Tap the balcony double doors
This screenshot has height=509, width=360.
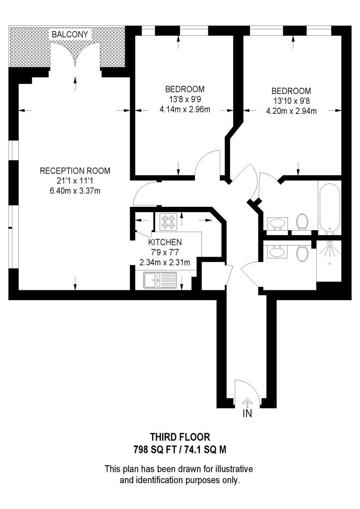click(x=76, y=54)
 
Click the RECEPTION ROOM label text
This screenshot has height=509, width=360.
click(x=75, y=171)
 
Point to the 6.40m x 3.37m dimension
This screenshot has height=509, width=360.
click(x=75, y=191)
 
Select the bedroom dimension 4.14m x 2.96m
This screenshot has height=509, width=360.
click(x=185, y=110)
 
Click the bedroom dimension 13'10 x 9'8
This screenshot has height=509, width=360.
click(x=291, y=101)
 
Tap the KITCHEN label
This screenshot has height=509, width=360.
click(x=165, y=242)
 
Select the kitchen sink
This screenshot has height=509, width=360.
click(x=159, y=281)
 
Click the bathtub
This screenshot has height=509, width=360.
click(x=330, y=208)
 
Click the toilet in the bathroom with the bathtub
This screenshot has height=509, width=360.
click(x=302, y=221)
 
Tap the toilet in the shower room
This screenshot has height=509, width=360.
click(x=302, y=254)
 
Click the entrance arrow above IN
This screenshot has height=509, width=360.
click(x=247, y=402)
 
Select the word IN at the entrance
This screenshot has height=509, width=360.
click(x=247, y=414)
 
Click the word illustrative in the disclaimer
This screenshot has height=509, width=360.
click(x=228, y=469)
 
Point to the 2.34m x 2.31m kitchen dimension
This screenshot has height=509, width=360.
click(x=165, y=262)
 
